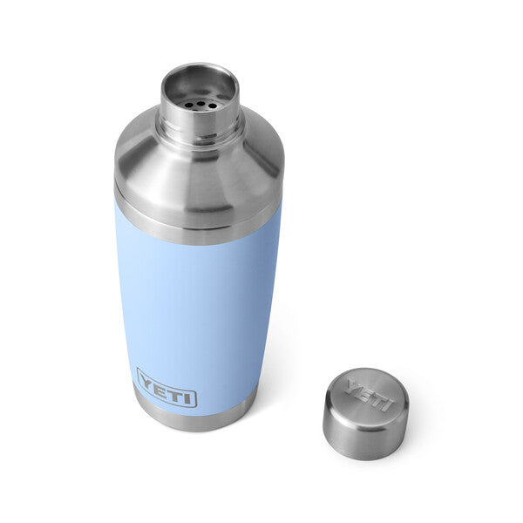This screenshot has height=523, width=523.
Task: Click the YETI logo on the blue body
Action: (x=166, y=387)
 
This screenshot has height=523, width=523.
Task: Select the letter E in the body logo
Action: (x=160, y=385)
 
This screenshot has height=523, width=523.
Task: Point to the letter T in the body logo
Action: (x=173, y=391)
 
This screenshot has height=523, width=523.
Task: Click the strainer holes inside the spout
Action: (x=200, y=104)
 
